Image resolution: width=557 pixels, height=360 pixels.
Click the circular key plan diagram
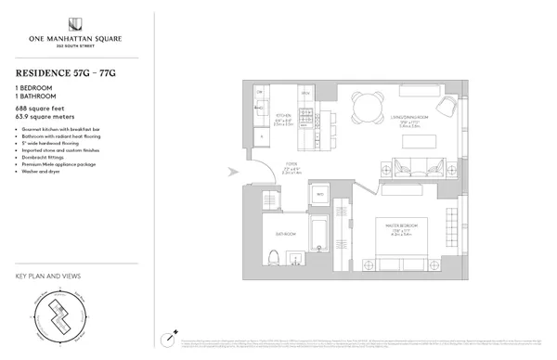pyautogui.click(x=60, y=317)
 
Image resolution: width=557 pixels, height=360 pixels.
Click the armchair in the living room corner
pyautogui.click(x=444, y=108)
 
